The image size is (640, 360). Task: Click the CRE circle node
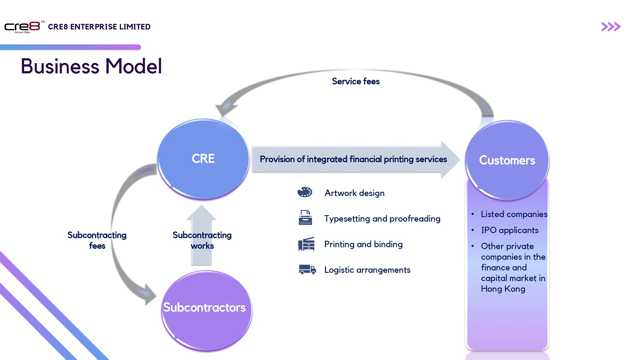tap(203, 159)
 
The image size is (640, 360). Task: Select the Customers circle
tap(507, 160)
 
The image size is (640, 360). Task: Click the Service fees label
tap(356, 82)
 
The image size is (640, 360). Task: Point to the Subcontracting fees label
tap(97, 240)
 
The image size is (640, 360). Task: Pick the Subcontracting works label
tap(202, 240)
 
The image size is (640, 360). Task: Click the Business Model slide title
tap(91, 66)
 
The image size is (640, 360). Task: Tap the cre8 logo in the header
tap(22, 27)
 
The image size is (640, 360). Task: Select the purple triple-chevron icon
tap(611, 27)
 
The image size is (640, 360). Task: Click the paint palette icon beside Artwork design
tap(305, 192)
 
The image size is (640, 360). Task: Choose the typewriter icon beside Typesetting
tap(305, 218)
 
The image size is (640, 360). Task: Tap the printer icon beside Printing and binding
tap(306, 244)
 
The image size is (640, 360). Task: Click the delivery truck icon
tap(307, 270)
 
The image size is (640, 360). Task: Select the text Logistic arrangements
tap(367, 270)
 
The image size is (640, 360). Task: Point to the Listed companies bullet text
tap(514, 214)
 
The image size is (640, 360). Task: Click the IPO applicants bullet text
tap(510, 230)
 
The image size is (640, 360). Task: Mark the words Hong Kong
tap(503, 289)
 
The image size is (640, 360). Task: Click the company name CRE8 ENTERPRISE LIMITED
tap(99, 27)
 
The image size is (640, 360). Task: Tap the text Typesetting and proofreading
tap(382, 219)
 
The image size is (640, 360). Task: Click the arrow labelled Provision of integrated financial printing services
tap(354, 159)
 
